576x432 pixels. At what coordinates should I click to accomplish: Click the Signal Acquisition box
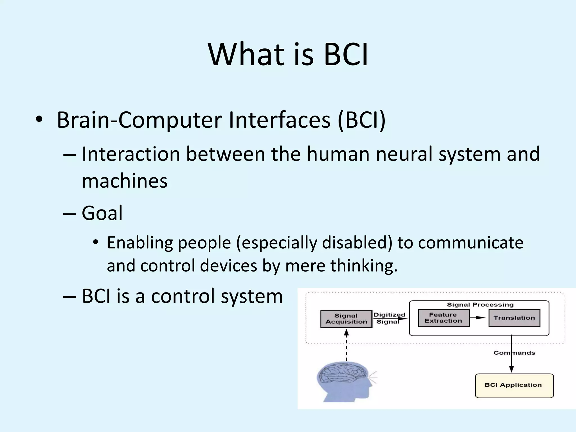[x=346, y=319]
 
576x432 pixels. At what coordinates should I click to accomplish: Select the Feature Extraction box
[x=444, y=318]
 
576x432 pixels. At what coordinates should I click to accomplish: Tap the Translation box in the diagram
[x=514, y=318]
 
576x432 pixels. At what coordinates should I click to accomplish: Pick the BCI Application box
[x=514, y=385]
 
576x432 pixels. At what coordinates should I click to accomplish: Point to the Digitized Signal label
[x=389, y=318]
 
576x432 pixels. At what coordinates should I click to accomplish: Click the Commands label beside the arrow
[x=514, y=353]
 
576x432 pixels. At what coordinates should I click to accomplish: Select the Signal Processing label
[x=480, y=305]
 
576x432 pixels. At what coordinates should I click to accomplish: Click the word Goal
[x=102, y=213]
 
